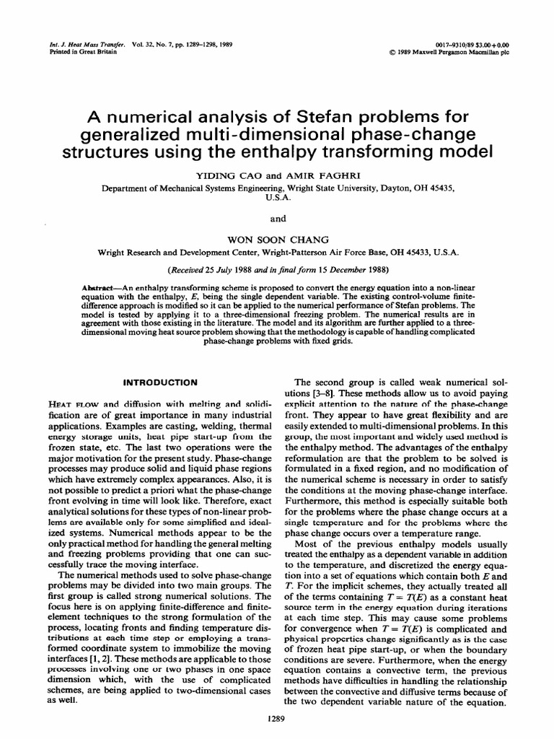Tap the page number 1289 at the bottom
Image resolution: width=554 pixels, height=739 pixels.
(278, 720)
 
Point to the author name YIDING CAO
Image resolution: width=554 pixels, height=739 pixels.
(225, 175)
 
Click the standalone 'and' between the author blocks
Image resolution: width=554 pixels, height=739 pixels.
(277, 219)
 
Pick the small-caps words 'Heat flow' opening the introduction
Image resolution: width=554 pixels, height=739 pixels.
(69, 403)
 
